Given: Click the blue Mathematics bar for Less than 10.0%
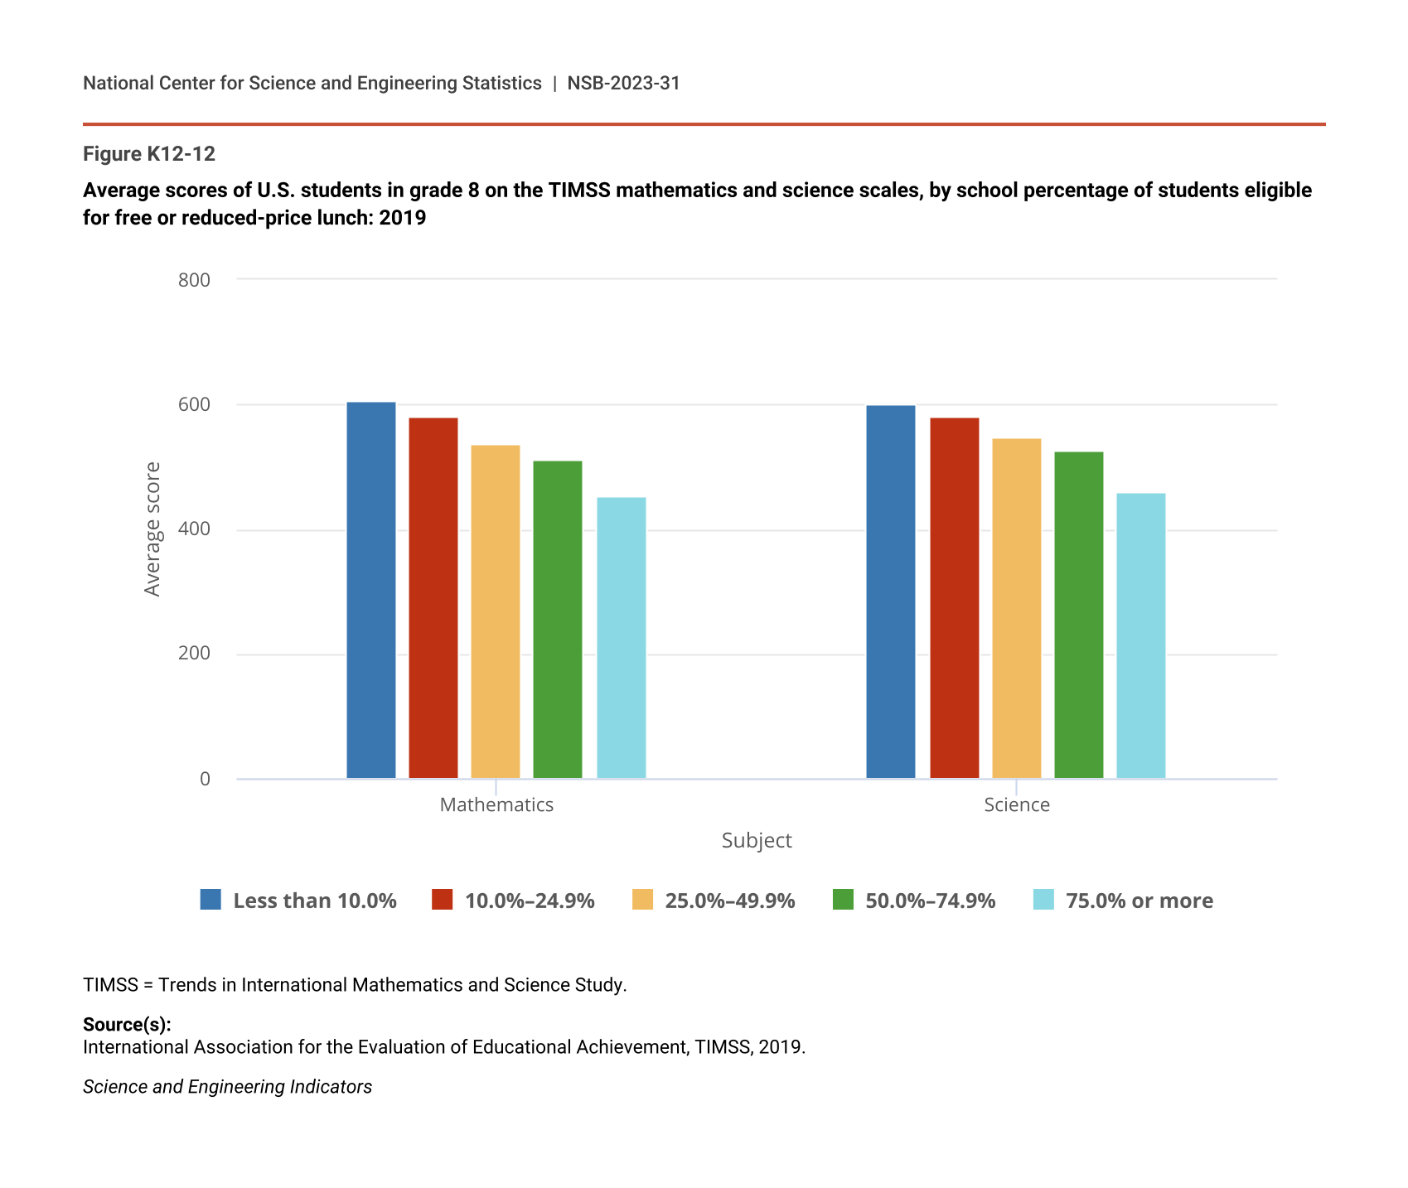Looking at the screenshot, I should click(370, 590).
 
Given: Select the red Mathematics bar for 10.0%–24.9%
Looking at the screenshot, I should click(433, 598).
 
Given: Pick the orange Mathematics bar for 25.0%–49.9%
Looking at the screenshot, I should click(495, 611).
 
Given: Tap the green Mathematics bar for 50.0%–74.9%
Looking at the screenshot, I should click(557, 620).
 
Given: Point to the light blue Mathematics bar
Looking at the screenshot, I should click(621, 638).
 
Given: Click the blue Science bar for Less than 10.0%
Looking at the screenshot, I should click(891, 592).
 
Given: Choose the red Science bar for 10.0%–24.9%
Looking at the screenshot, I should click(954, 598).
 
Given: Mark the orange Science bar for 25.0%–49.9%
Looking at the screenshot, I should click(1016, 608).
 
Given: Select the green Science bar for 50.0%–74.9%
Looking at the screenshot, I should click(1078, 615).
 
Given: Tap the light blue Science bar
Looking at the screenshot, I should click(1140, 635).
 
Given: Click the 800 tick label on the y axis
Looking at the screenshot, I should click(194, 280).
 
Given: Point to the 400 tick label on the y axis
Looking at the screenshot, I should click(194, 529).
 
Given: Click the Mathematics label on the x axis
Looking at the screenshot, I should click(496, 805).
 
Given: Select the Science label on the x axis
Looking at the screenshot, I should click(1016, 805).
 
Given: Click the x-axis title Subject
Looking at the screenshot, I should click(757, 841).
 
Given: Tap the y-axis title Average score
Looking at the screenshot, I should click(152, 529).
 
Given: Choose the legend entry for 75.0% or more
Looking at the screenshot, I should click(1123, 901).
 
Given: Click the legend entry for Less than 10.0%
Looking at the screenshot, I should click(298, 901).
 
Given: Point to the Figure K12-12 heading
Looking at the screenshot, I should click(149, 154).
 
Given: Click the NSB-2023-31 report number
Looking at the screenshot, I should click(623, 83).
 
